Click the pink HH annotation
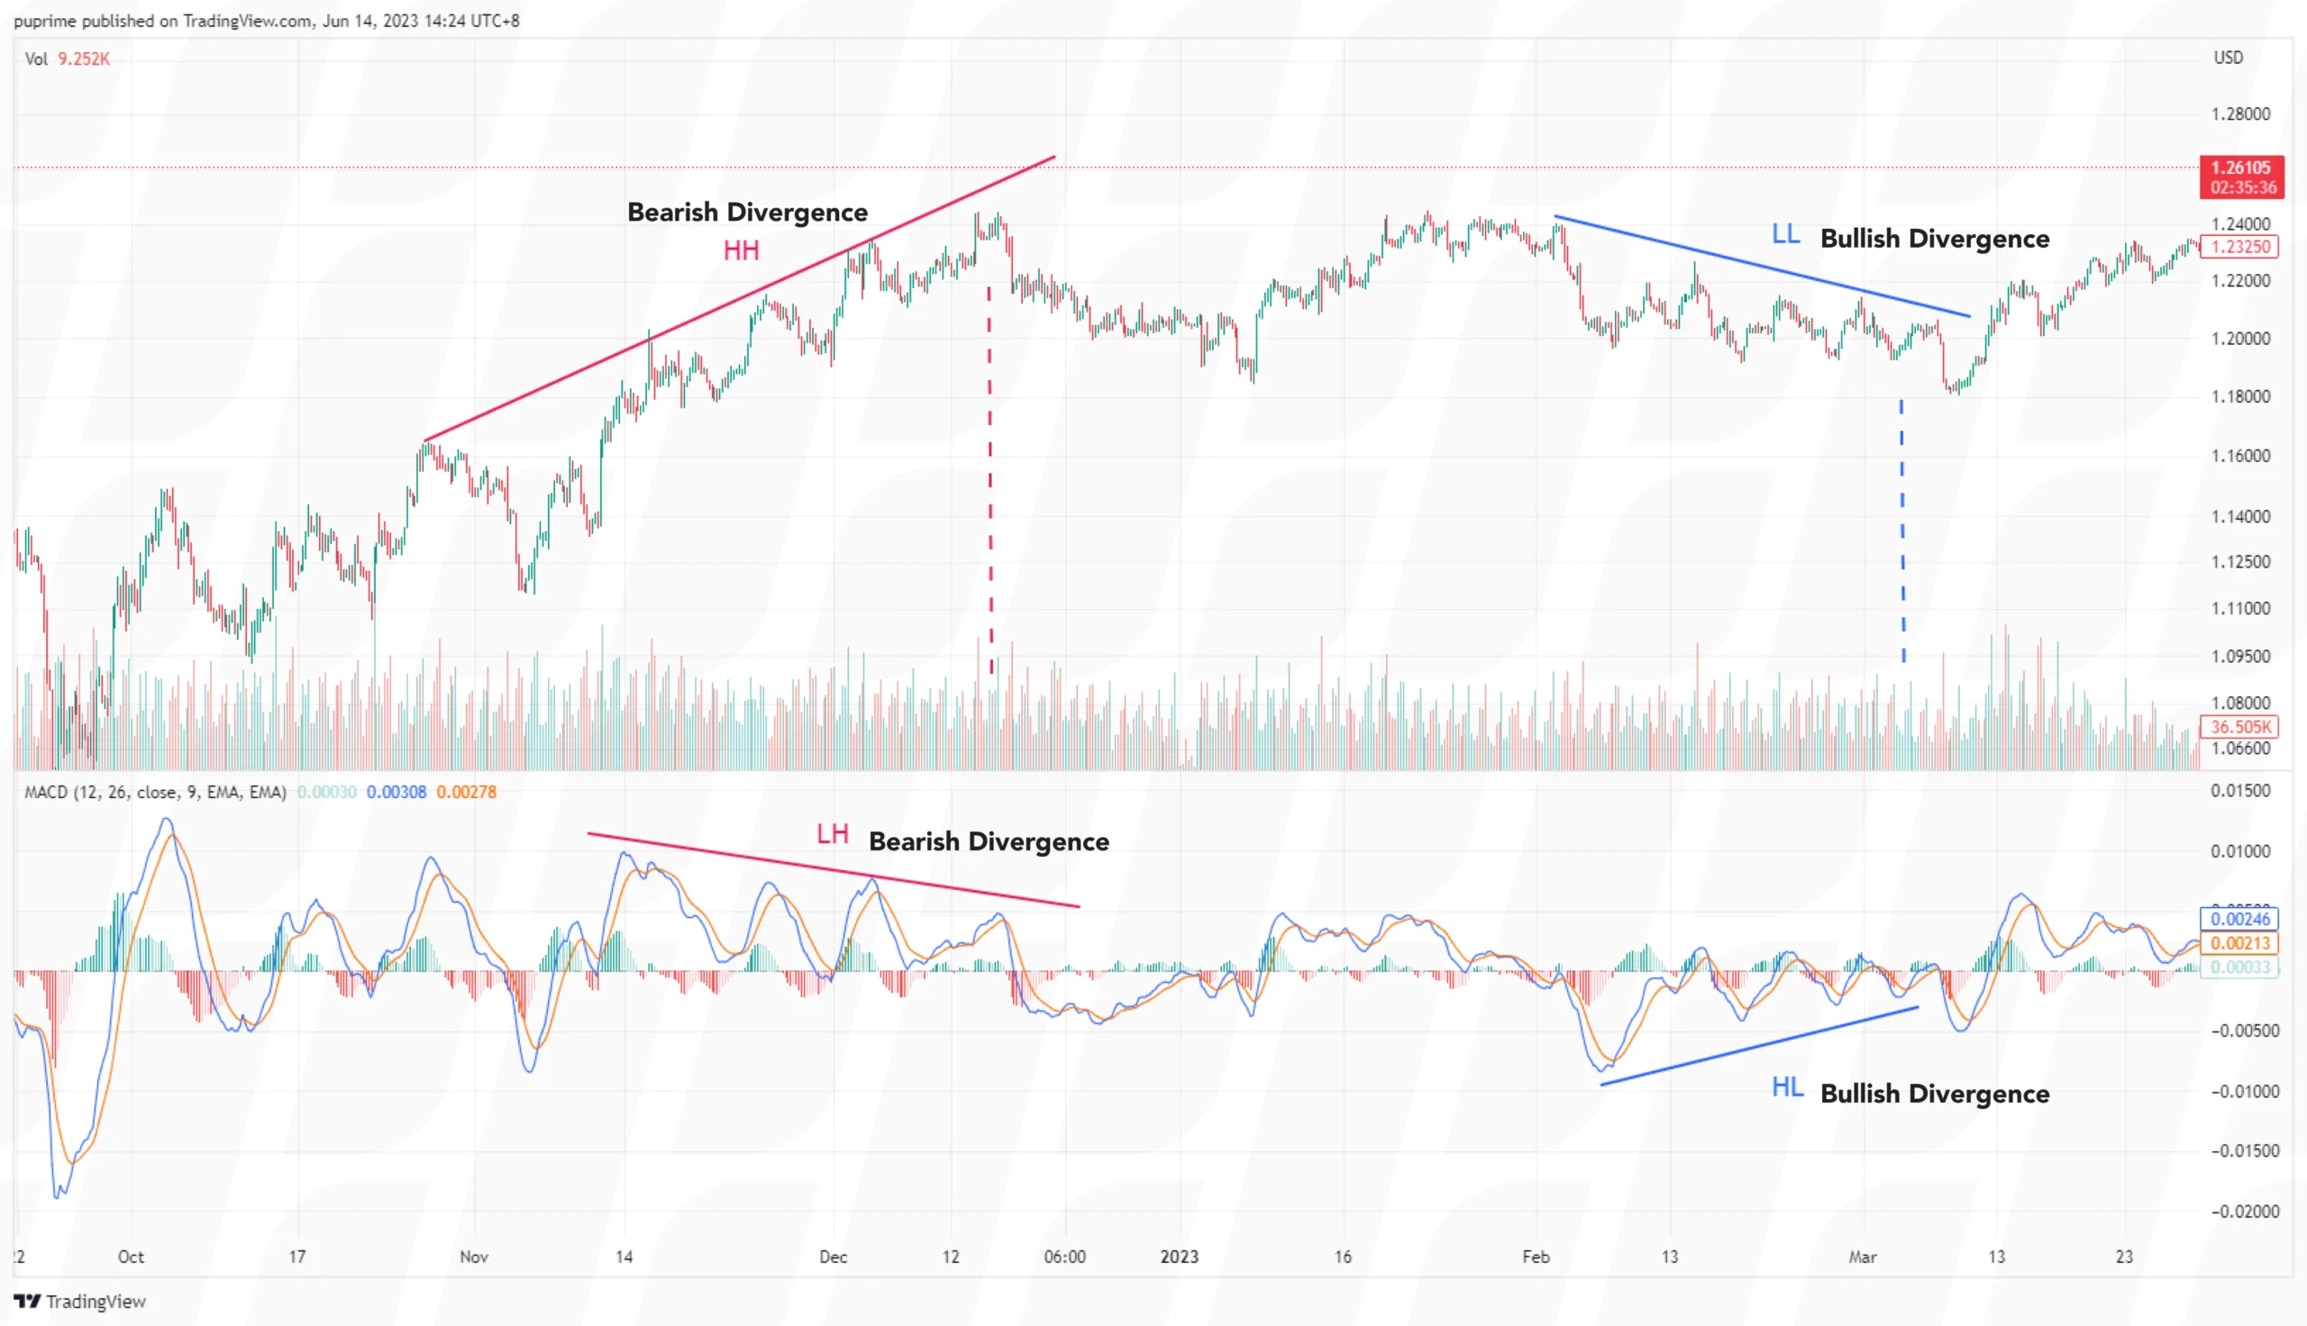(x=741, y=250)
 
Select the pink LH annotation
(x=832, y=834)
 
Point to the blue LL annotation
(x=1785, y=235)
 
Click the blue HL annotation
(x=1787, y=1087)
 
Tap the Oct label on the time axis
(x=131, y=1257)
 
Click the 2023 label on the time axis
(x=1179, y=1257)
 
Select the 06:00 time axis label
(x=1063, y=1257)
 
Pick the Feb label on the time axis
(x=1536, y=1257)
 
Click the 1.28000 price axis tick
(x=2239, y=114)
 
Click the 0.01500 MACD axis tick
(x=2239, y=791)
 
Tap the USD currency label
(x=2228, y=58)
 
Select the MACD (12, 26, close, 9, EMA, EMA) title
(x=155, y=793)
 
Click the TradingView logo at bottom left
(x=80, y=1302)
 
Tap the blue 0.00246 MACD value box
(x=2239, y=919)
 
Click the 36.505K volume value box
(x=2239, y=727)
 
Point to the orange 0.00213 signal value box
(x=2239, y=943)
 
